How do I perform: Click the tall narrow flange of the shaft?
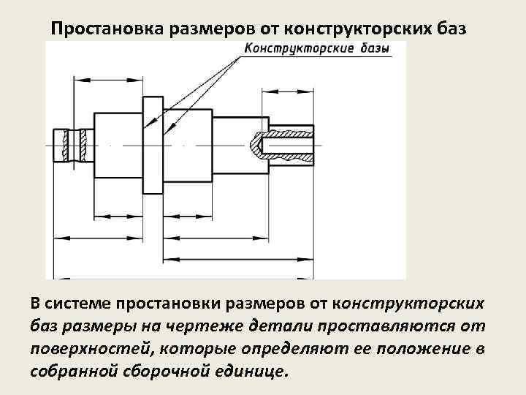click(152, 146)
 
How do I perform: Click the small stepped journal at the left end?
click(62, 146)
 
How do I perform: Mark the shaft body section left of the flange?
click(117, 145)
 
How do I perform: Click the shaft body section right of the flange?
click(187, 145)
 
